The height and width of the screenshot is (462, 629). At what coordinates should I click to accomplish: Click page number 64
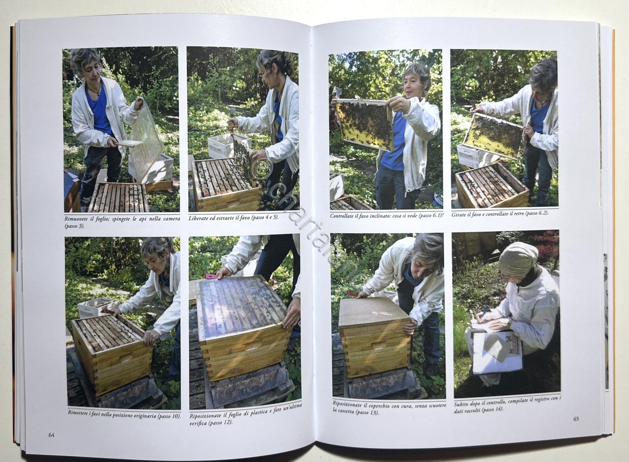(52, 435)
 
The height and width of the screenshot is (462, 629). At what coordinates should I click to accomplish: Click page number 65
(576, 419)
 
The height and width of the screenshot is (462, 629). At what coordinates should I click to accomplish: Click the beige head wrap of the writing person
(517, 259)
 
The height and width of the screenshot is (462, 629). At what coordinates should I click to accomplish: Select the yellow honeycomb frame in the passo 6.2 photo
(493, 136)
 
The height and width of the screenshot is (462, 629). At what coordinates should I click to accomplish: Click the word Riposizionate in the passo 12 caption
(205, 416)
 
